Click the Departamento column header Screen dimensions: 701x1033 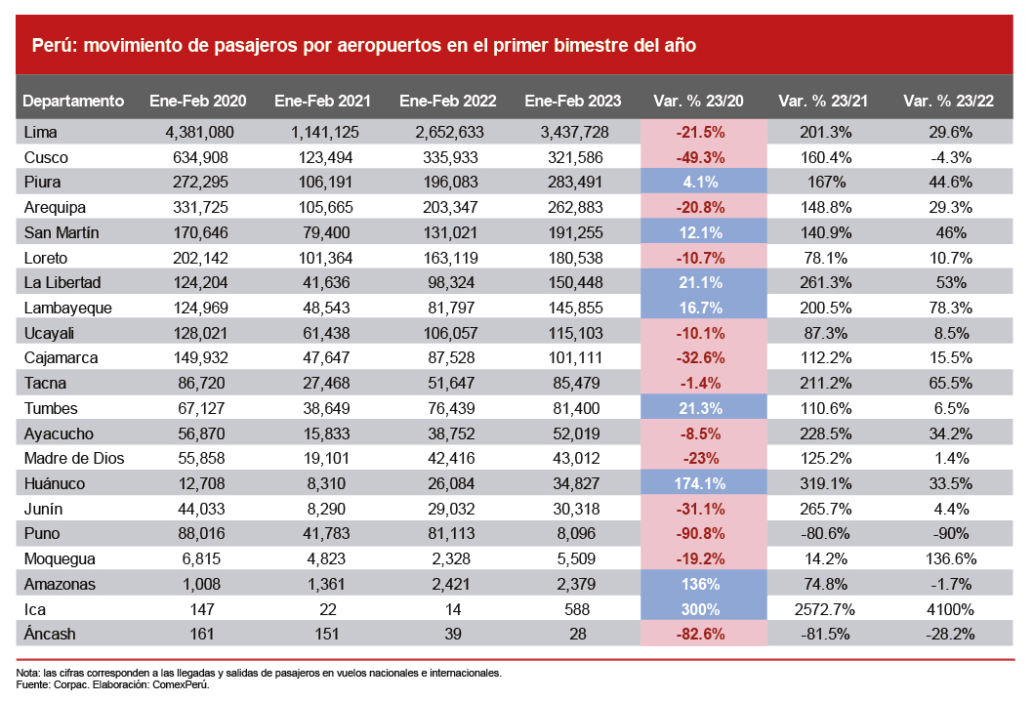73,101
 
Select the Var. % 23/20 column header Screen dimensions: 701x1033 703,101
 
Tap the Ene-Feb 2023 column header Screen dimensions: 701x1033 573,101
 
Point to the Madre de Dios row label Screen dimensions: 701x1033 73,458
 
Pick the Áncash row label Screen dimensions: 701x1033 49,634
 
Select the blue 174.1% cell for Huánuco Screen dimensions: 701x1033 703,483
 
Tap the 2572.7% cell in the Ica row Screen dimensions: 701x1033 828,608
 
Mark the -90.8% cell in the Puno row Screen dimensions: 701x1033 703,533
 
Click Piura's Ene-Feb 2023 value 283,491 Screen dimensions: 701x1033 571,182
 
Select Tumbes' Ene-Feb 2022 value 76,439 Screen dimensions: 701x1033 448,408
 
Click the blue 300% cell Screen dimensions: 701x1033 703,608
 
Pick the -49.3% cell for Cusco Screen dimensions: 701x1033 703,157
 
